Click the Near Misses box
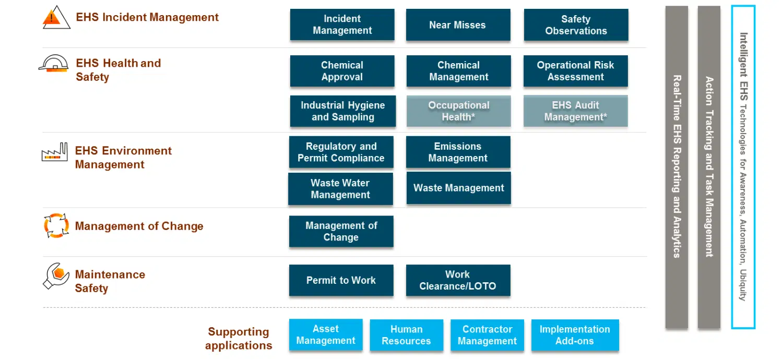[458, 25]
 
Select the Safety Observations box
[576, 25]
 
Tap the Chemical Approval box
[342, 71]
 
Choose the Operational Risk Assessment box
[576, 71]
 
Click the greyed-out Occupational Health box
[459, 111]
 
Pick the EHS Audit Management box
[576, 111]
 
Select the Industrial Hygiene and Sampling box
[343, 111]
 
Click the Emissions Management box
[458, 152]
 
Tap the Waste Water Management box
[340, 189]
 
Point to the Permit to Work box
[341, 280]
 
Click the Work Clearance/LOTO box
[458, 280]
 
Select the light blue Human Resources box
[407, 335]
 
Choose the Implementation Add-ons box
[575, 335]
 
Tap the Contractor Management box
[487, 335]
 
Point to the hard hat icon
[53, 63]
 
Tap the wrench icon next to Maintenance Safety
[56, 276]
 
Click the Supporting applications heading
[239, 338]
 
